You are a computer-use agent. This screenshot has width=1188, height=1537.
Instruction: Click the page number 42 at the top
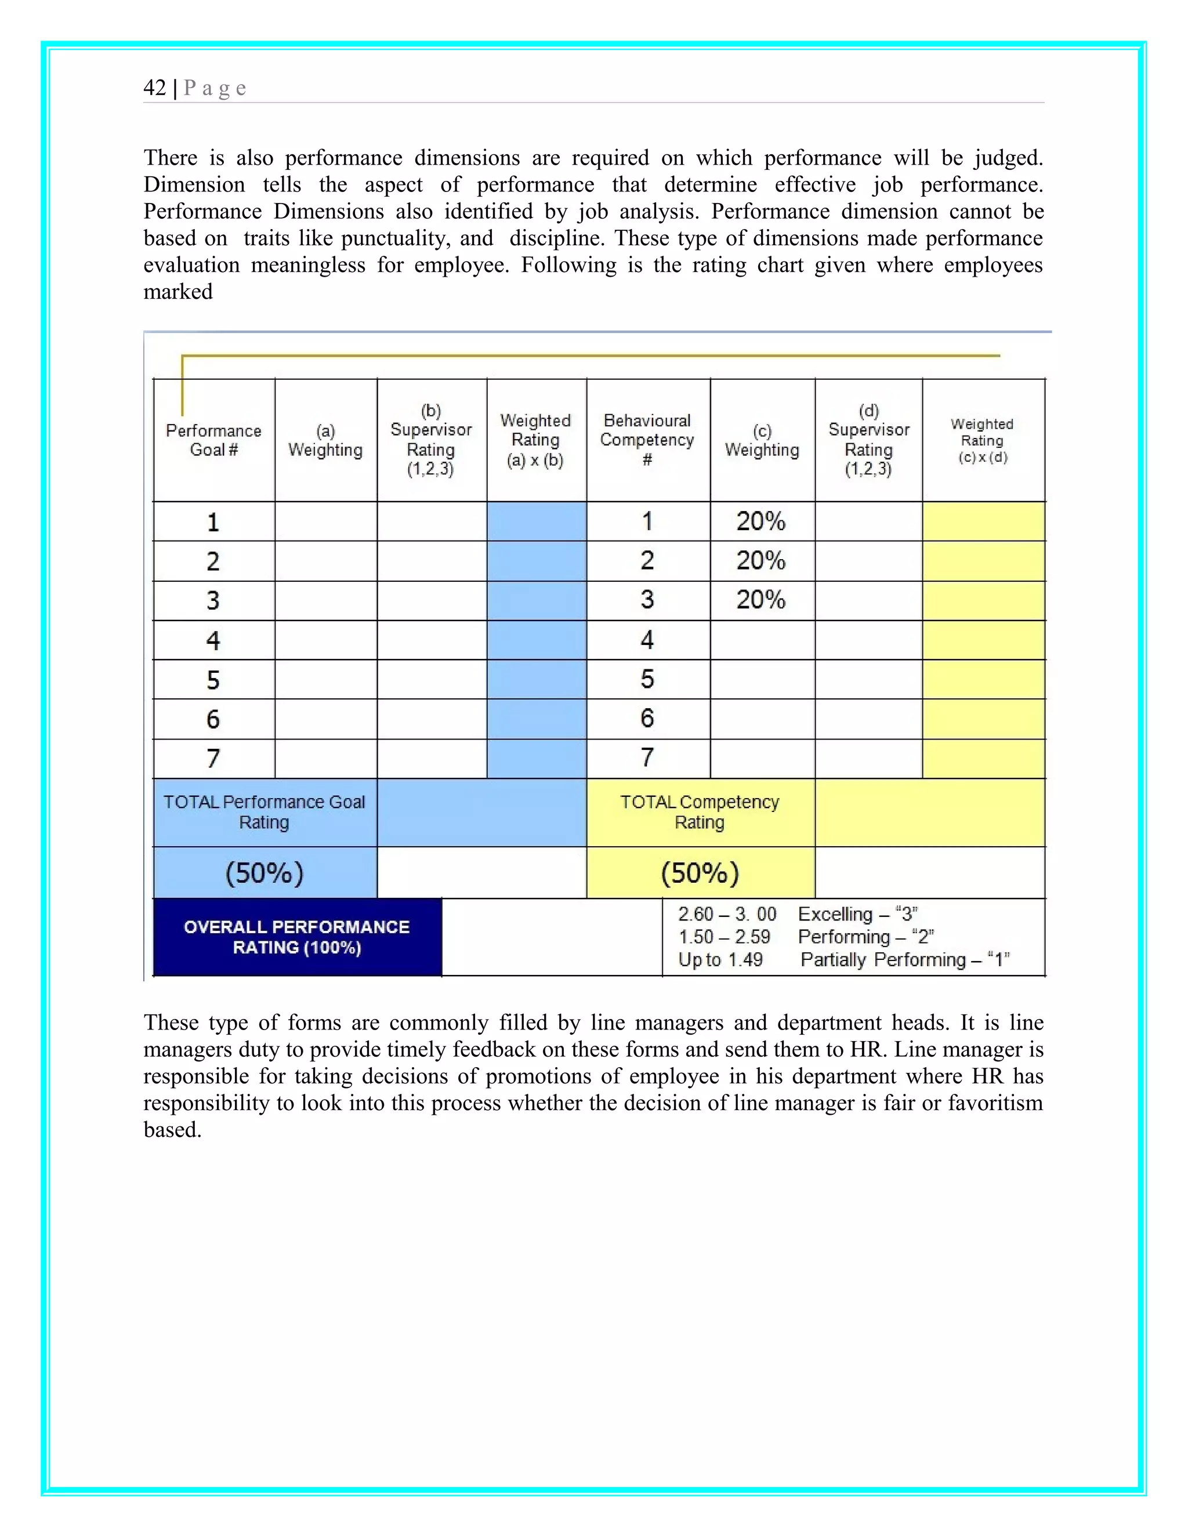point(154,88)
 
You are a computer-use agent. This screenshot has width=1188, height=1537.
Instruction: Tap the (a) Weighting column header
point(325,441)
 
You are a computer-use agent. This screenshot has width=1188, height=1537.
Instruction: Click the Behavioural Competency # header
point(647,440)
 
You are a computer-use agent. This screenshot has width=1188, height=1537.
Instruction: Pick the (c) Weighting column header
point(762,441)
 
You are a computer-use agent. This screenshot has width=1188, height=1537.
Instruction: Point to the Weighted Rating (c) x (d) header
point(983,441)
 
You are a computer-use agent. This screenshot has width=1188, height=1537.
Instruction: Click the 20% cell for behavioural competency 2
point(761,561)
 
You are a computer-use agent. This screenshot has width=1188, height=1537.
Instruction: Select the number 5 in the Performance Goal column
point(212,680)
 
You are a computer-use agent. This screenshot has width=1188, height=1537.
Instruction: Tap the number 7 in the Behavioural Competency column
point(647,758)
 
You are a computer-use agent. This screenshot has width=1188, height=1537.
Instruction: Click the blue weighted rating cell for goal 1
point(537,521)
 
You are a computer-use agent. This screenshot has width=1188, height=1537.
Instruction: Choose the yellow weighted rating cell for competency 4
point(983,640)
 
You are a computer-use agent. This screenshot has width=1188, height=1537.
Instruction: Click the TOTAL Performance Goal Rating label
point(264,812)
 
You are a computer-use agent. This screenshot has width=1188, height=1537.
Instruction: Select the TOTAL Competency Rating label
point(700,812)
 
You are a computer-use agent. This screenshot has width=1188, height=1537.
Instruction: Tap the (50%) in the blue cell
point(264,873)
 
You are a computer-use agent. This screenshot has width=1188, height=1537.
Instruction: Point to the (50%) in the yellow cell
point(700,873)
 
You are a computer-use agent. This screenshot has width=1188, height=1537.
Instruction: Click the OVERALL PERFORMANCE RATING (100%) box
point(297,937)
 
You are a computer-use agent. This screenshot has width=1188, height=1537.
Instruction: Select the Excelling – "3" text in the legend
point(857,914)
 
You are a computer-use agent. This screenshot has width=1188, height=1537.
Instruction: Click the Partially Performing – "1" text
point(905,960)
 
